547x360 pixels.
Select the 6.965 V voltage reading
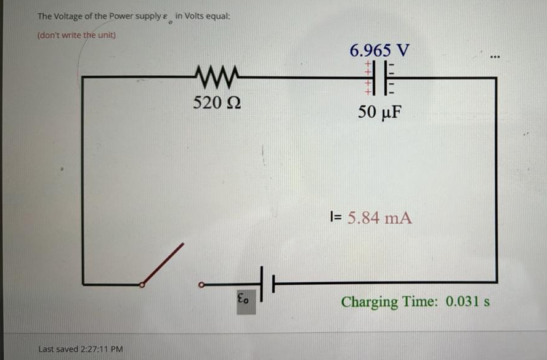coord(379,50)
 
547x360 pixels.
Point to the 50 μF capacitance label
coord(379,113)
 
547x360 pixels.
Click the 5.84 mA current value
coord(379,218)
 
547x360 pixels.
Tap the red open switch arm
coord(163,264)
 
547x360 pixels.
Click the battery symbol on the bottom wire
coord(265,284)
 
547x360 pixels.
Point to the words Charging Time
coord(387,302)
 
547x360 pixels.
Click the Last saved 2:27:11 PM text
coord(80,349)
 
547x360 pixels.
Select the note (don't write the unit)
coord(76,35)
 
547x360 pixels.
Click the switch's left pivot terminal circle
coord(142,285)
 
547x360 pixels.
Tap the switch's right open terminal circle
coord(201,285)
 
